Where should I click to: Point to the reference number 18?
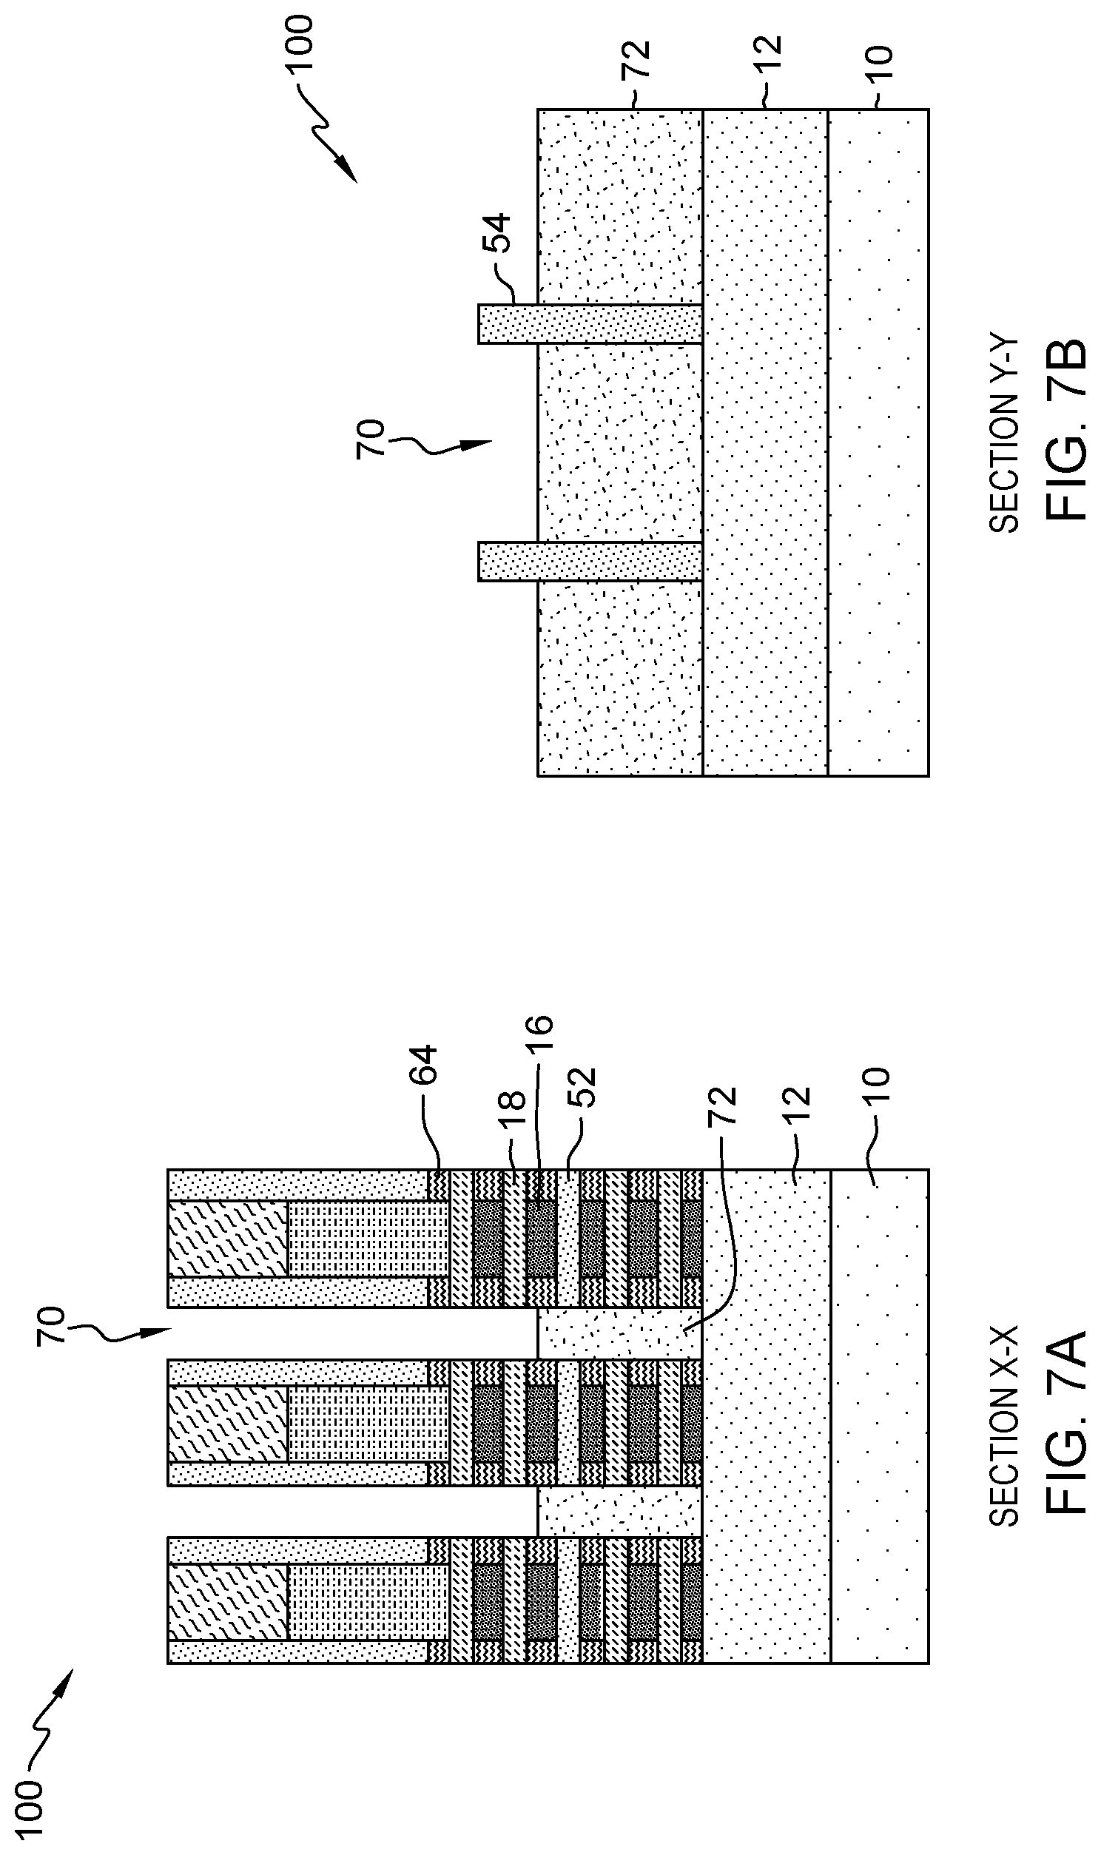pyautogui.click(x=512, y=1111)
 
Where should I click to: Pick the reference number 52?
pyautogui.click(x=582, y=1088)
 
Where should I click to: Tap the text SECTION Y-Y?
pyautogui.click(x=1005, y=435)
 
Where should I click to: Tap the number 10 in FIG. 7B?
pyautogui.click(x=881, y=64)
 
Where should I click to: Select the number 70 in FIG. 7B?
pyautogui.click(x=371, y=439)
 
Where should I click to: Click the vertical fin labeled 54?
pyautogui.click(x=590, y=324)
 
